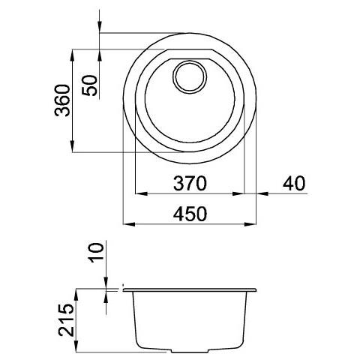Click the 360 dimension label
(x=62, y=100)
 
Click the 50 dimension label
(x=89, y=85)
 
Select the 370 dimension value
(x=190, y=183)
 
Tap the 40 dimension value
(x=294, y=183)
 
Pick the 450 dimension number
(x=190, y=214)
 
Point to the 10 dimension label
(x=97, y=252)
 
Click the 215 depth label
(x=66, y=320)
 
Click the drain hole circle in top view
(x=190, y=76)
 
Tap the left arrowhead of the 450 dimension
(x=129, y=224)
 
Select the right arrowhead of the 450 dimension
(x=250, y=224)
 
